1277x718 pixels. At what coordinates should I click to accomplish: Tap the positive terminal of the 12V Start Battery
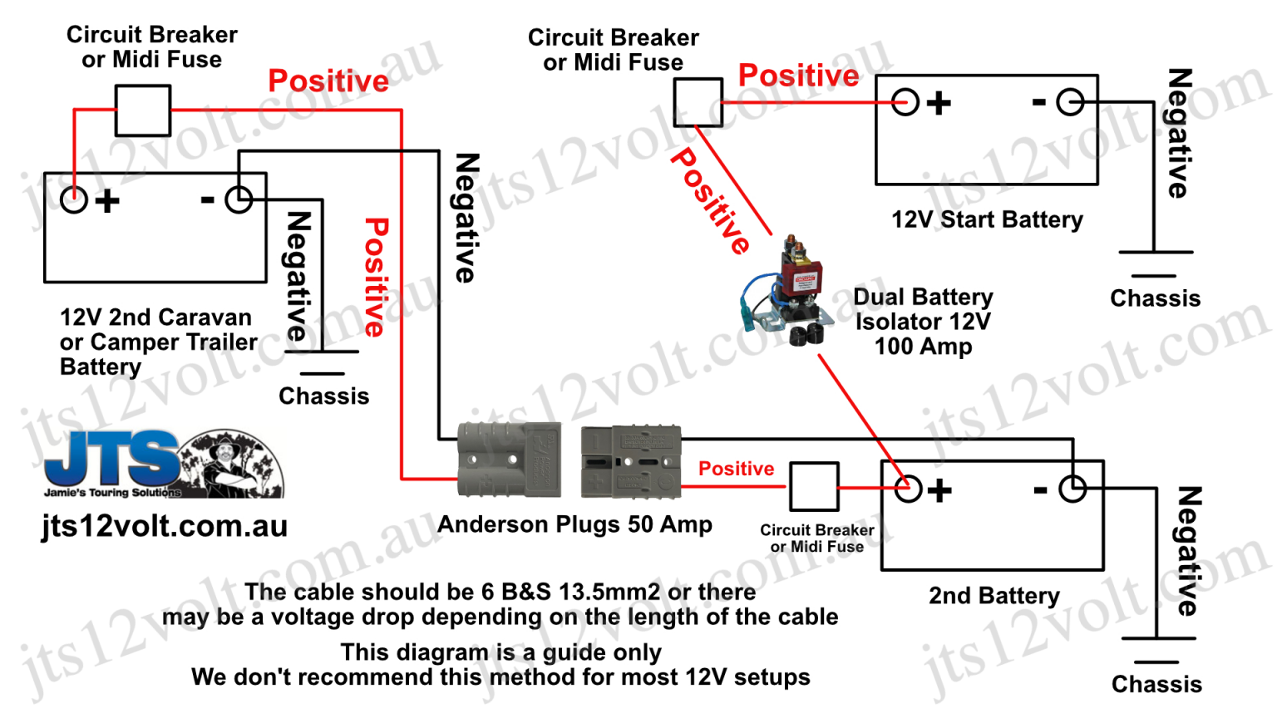click(x=905, y=102)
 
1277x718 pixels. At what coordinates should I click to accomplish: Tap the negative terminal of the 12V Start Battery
click(x=1070, y=102)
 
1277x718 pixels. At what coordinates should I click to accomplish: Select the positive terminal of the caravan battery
click(x=74, y=199)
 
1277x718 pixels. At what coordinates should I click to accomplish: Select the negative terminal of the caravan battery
click(x=239, y=199)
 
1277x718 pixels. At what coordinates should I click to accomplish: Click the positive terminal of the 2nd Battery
click(x=908, y=489)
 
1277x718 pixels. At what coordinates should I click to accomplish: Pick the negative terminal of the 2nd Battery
click(x=1072, y=489)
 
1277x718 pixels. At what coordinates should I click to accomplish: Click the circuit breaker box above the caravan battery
click(x=143, y=111)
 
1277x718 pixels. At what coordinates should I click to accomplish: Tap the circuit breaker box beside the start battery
click(x=698, y=102)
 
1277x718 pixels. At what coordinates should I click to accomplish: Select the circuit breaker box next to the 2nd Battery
click(x=814, y=486)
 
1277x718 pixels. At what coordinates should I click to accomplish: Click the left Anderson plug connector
click(x=508, y=460)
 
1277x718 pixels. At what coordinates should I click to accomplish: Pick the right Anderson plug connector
click(x=631, y=462)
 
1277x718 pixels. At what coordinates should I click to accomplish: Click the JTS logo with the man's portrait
click(x=164, y=465)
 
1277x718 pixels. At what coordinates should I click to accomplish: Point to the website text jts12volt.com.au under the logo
click(x=165, y=526)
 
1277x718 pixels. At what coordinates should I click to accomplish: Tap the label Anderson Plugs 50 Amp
click(x=574, y=524)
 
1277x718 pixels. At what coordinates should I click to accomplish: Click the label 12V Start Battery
click(x=987, y=219)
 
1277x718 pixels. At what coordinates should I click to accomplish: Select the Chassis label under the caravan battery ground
click(x=323, y=396)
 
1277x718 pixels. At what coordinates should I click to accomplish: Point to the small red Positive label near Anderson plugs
click(x=736, y=469)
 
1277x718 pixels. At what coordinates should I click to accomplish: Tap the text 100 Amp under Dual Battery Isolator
click(x=923, y=346)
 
